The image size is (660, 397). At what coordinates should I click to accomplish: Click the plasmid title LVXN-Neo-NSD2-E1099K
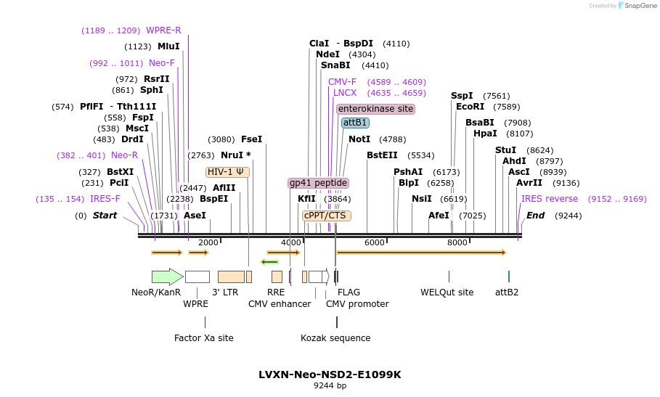point(330,375)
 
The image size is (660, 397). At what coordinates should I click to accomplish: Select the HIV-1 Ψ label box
point(227,172)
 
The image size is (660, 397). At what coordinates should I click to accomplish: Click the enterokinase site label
point(375,109)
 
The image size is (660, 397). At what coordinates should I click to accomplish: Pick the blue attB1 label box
point(355,123)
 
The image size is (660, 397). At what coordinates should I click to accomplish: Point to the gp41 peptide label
point(318,183)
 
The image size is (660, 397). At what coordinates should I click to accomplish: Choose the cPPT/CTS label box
point(326,216)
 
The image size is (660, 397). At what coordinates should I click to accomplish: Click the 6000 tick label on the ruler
point(374,242)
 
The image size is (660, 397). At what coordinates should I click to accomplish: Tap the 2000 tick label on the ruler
point(208,242)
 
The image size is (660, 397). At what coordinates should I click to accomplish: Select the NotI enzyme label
point(359,139)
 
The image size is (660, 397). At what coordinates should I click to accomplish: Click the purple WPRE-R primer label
point(163,30)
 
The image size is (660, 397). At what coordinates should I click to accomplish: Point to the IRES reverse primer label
point(549,199)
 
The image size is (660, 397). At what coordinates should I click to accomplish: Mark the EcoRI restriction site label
point(470,107)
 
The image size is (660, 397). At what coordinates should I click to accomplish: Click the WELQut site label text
point(447,292)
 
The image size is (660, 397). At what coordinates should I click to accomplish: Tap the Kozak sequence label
point(335,338)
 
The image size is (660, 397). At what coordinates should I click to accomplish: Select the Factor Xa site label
point(204,338)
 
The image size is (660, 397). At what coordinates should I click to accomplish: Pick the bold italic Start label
point(105,216)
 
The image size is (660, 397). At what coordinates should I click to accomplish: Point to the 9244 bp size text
point(330,386)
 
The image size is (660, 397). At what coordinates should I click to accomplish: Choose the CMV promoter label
point(357,304)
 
